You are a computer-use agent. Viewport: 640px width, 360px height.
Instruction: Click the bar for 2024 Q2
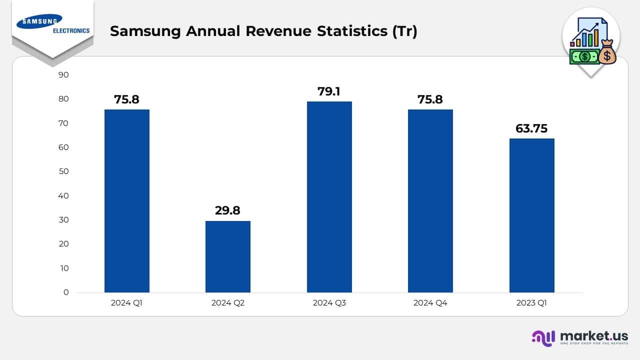point(227,256)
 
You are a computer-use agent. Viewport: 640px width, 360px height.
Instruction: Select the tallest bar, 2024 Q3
point(329,197)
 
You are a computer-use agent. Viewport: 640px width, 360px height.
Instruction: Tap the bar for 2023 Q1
point(531,215)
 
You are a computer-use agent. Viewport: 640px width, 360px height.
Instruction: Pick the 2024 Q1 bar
point(126,200)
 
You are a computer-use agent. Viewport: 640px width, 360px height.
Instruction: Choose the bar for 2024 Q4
point(430,200)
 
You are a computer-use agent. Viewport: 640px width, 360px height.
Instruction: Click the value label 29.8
point(227,210)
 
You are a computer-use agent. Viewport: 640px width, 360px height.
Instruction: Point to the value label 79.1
point(329,91)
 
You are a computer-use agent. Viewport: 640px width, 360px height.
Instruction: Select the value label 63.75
point(531,128)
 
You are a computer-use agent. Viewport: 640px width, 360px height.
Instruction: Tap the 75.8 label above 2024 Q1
point(126,99)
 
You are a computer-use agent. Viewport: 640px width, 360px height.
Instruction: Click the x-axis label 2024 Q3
point(329,303)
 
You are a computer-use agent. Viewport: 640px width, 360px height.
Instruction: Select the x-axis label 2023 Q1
point(531,303)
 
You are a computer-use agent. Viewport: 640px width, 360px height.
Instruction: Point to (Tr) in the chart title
point(404,31)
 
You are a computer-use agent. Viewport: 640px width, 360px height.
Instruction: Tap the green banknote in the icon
point(584,56)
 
